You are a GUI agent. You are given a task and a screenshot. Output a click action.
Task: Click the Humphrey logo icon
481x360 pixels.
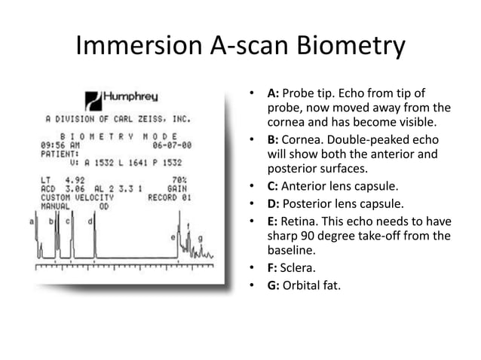click(x=92, y=99)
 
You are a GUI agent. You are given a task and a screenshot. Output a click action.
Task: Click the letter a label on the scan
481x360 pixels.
click(x=32, y=221)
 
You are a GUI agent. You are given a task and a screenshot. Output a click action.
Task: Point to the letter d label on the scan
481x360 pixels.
click(x=90, y=221)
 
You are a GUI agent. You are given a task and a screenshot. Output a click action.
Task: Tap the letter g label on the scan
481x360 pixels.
click(x=200, y=239)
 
